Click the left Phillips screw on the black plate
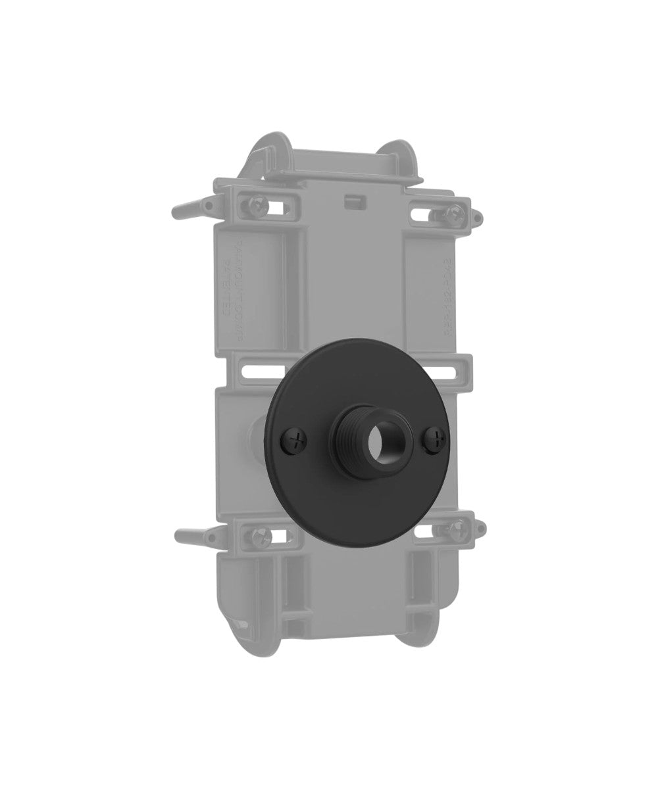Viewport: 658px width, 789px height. point(295,442)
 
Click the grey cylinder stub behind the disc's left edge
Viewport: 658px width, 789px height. point(257,435)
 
